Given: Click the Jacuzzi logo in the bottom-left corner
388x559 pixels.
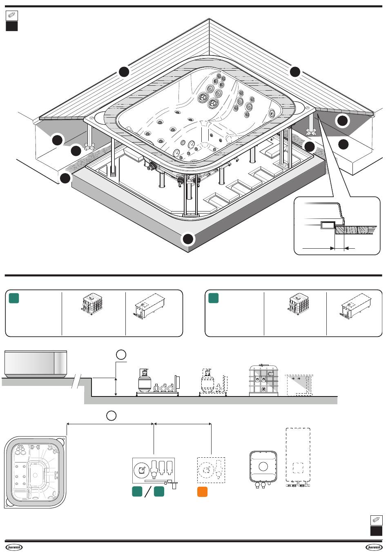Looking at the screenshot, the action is click(14, 547).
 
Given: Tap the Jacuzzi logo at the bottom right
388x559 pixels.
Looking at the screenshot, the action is click(374, 547).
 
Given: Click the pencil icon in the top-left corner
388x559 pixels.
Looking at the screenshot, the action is click(12, 16).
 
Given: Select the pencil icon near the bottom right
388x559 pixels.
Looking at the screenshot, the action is click(376, 520).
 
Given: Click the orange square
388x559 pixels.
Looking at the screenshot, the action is click(202, 492).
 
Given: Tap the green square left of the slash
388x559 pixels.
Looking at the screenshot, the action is click(137, 491).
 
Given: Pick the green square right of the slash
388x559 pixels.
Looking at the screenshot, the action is click(159, 491).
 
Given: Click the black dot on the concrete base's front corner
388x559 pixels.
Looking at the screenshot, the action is click(188, 239).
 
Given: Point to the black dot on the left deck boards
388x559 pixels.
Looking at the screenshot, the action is click(124, 72).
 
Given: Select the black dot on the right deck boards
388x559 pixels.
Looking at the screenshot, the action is click(295, 72).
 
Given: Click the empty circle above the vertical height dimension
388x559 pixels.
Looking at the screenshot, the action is click(121, 354).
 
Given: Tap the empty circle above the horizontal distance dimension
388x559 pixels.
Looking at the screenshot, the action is click(111, 416).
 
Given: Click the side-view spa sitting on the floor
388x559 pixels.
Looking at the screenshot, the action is click(36, 364).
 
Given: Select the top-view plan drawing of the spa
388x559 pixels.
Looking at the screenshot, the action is click(35, 472).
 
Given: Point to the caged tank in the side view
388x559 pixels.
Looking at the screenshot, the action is click(264, 380).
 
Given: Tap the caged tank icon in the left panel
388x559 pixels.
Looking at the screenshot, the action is click(92, 304).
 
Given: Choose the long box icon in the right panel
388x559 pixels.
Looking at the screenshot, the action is click(356, 307).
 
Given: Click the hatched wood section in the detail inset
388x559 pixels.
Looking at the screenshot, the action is click(356, 230).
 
